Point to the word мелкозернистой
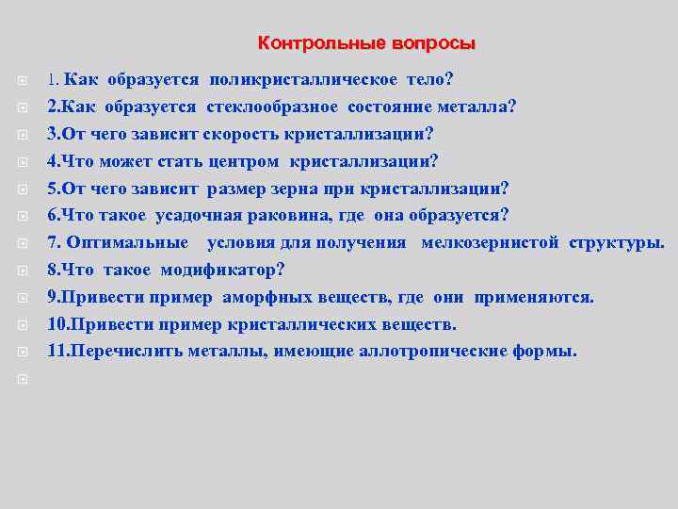[492, 242]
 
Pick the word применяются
[533, 297]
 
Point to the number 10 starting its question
[57, 324]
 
